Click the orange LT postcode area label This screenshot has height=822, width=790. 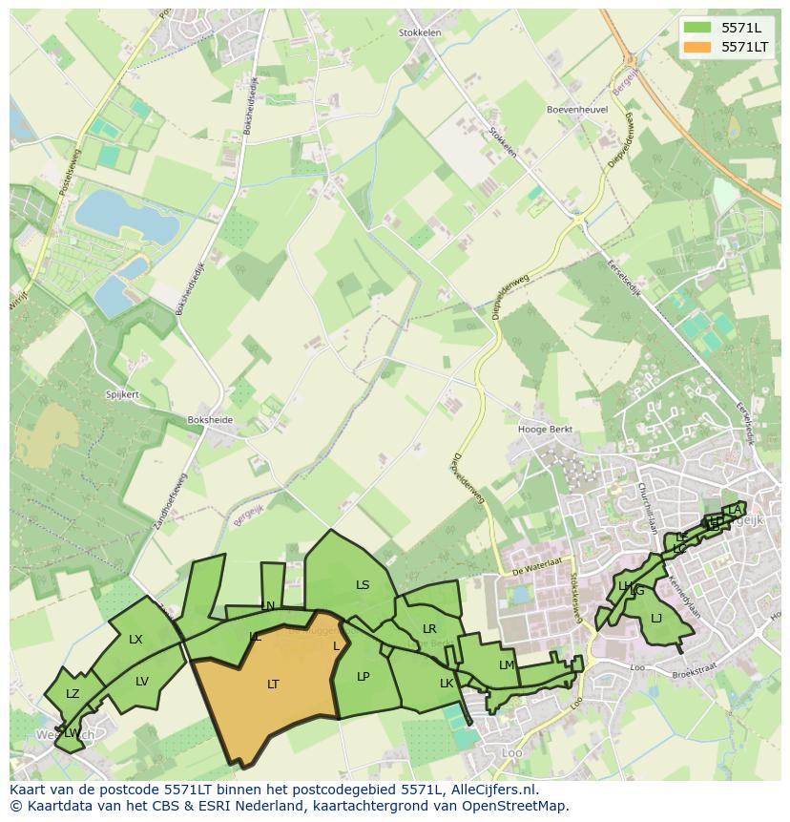pos(273,684)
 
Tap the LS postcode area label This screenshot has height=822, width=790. pos(363,585)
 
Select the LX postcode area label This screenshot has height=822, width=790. pos(135,639)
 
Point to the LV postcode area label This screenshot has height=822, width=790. pos(142,681)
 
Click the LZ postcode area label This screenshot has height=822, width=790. pos(73,694)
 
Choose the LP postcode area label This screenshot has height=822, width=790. pos(363,676)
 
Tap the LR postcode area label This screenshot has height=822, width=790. pos(429,628)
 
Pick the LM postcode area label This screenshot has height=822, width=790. pos(507,664)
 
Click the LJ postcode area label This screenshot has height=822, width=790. pos(656,619)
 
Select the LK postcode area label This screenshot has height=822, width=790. pos(447,683)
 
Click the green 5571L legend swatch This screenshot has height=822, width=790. pos(697,27)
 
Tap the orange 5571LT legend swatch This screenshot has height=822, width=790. pos(697,46)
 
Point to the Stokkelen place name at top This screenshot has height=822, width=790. pos(420,32)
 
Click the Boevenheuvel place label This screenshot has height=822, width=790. pos(577,110)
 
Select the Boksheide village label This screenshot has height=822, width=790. pos(210,419)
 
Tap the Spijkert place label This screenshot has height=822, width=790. pos(122,394)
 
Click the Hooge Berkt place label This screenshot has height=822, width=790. pos(545,430)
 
